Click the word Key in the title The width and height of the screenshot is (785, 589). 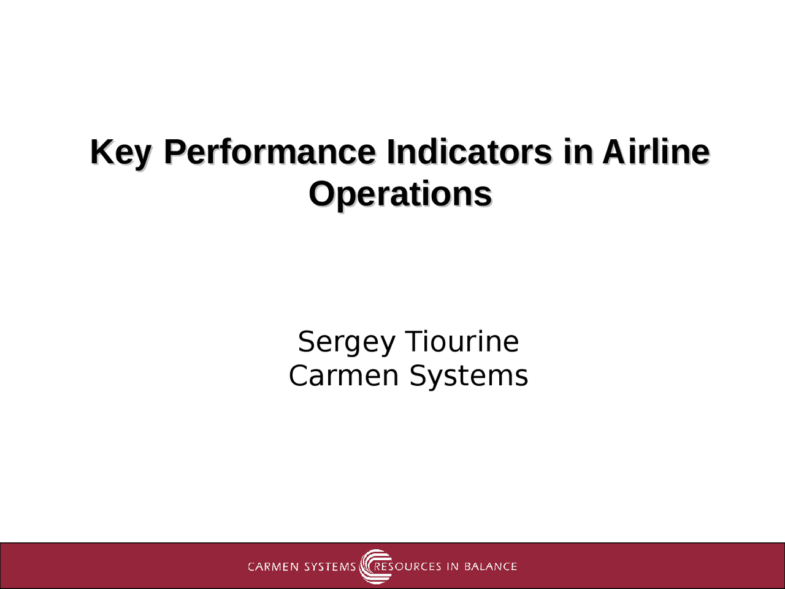(x=120, y=152)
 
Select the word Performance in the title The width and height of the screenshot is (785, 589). (x=269, y=152)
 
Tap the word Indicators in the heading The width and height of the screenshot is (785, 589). (x=469, y=152)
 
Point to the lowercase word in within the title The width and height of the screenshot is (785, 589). (x=576, y=152)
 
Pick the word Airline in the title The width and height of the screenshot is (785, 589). (x=656, y=152)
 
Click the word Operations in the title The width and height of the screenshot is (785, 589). (x=400, y=194)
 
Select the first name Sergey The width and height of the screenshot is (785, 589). (x=346, y=342)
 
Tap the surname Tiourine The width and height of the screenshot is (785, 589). (x=462, y=341)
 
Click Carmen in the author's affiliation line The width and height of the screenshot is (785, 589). (x=343, y=375)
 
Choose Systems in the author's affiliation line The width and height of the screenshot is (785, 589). (x=469, y=375)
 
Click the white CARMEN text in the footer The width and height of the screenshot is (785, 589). (x=274, y=566)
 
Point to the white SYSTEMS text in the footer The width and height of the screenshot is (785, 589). (x=330, y=566)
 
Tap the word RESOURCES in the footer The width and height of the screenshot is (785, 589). (x=408, y=566)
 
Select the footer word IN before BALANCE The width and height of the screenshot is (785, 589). (x=453, y=566)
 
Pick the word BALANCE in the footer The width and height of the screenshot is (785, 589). (x=491, y=566)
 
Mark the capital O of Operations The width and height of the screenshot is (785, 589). (x=321, y=194)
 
